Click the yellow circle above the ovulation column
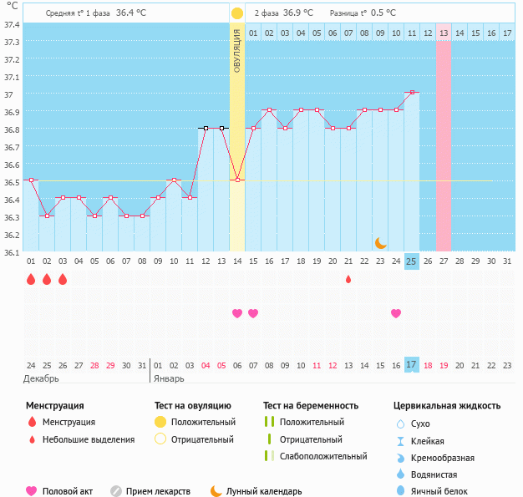tap(237, 13)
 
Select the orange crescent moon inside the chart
tap(380, 242)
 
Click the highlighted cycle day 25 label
tap(411, 261)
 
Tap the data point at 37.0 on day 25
tap(411, 92)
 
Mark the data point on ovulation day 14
tap(237, 180)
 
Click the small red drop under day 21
tap(348, 279)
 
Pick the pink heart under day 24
tap(396, 313)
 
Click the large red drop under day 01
tap(31, 279)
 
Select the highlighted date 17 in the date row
tap(411, 365)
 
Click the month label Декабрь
tap(40, 378)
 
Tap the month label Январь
tap(169, 378)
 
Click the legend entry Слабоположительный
tap(323, 456)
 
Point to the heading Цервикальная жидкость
tap(447, 406)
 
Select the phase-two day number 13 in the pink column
tap(443, 33)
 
